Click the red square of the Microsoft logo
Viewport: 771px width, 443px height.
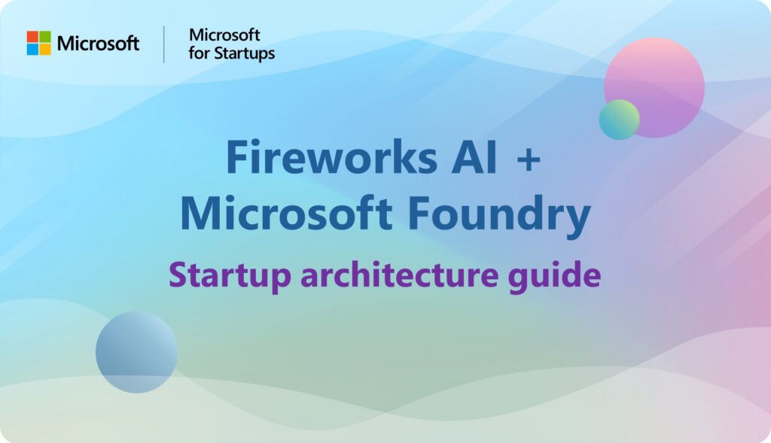32,37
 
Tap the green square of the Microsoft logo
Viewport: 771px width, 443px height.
45,37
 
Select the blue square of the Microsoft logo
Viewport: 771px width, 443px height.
32,49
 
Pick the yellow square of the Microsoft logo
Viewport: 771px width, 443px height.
45,49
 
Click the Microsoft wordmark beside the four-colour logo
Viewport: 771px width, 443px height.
99,43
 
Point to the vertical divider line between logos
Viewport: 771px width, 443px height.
163,44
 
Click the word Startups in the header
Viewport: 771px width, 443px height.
243,53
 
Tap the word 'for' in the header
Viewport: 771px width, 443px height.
199,53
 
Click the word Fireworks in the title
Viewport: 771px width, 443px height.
332,157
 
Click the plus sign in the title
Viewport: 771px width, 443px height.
529,159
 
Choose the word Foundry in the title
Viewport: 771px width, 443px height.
499,216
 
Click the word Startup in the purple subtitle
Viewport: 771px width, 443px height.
230,276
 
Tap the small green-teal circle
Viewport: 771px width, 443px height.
619,120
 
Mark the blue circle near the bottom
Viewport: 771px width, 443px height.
137,352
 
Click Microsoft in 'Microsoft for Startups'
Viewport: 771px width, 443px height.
224,35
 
